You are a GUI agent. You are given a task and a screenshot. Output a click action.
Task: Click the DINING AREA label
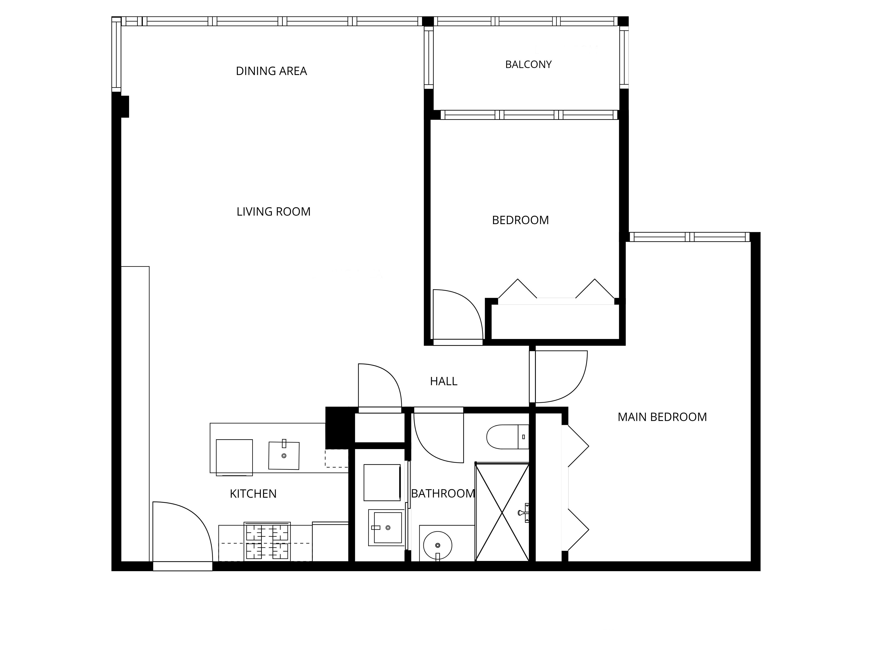[x=271, y=71]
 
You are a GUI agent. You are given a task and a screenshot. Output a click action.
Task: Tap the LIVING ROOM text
[x=274, y=212]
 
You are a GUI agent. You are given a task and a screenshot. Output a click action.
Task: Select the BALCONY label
[x=528, y=64]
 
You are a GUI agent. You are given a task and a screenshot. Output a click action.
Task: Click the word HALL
[x=443, y=381]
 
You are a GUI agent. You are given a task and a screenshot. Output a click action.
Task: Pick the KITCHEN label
[x=253, y=494]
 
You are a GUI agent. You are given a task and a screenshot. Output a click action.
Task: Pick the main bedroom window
[x=689, y=237]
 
